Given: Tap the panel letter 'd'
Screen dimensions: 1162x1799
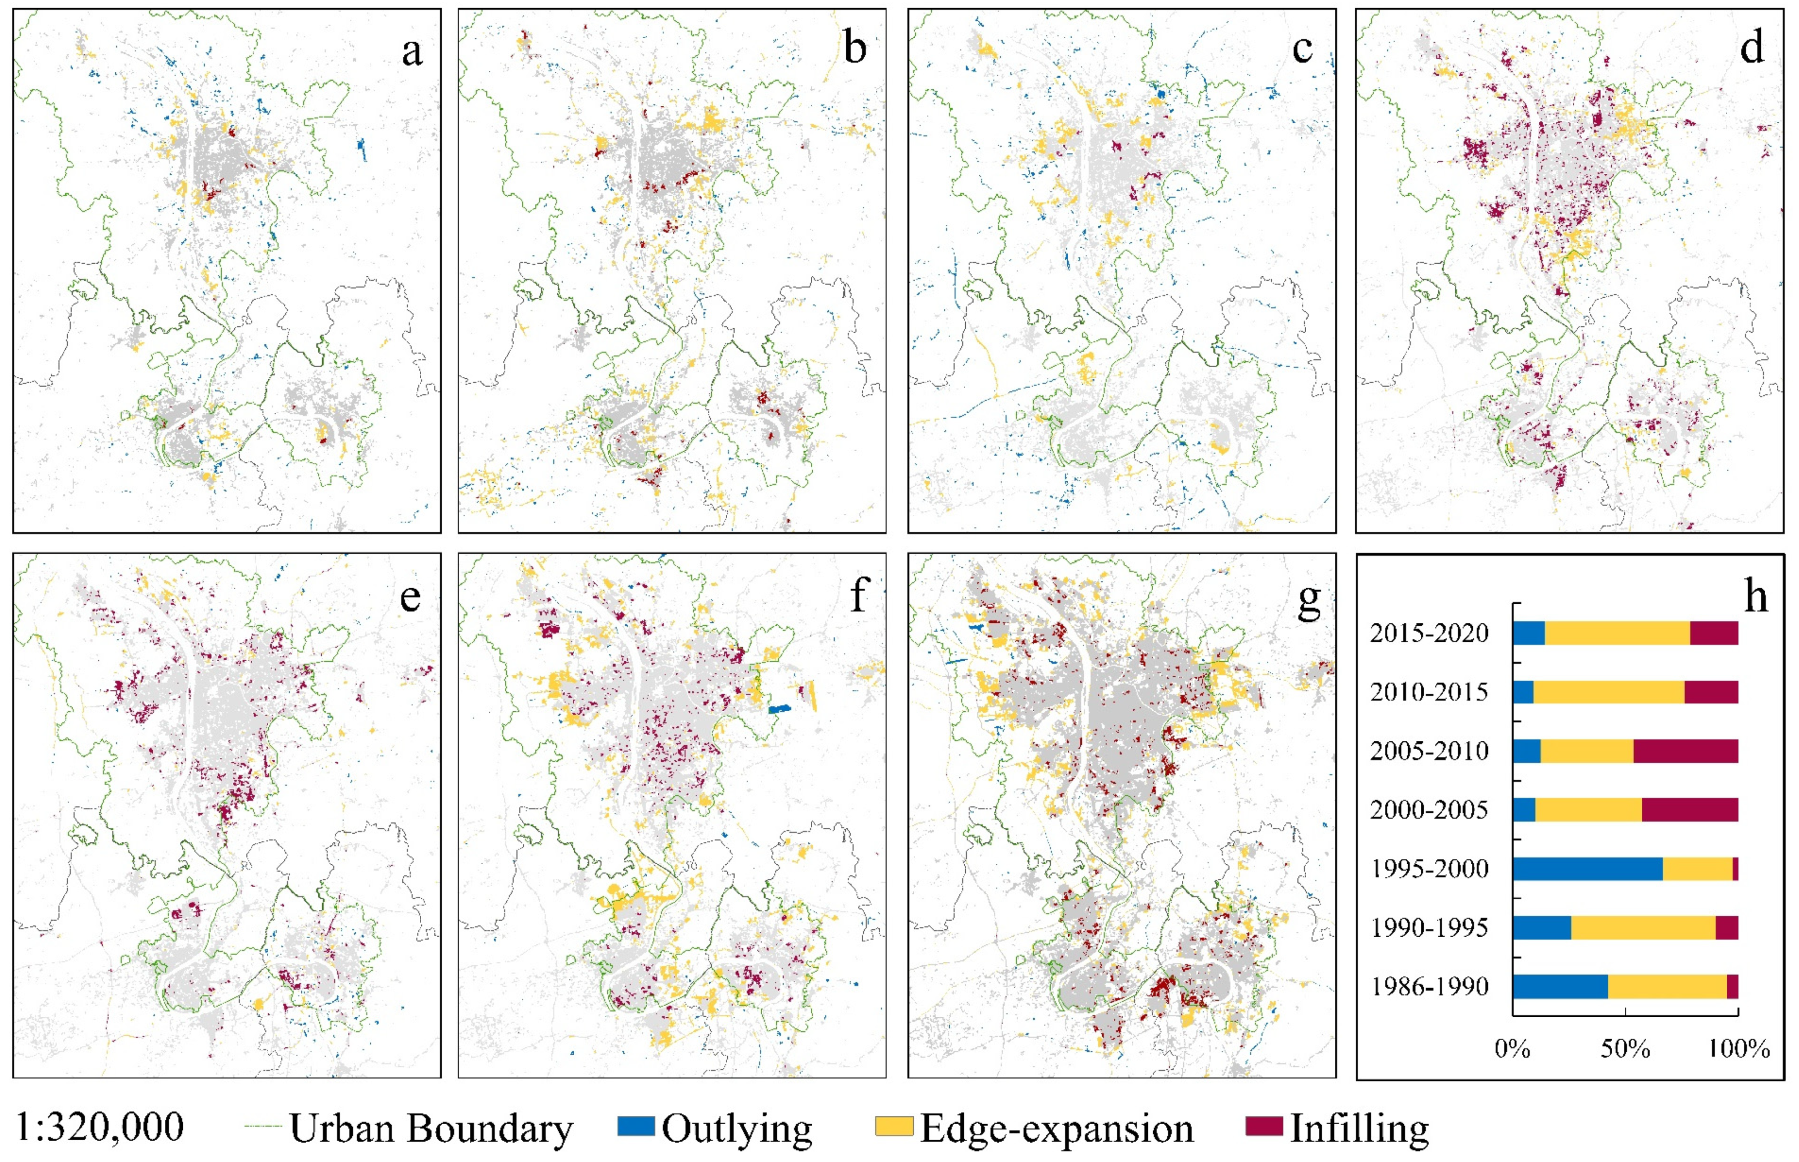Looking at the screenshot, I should (x=1751, y=48).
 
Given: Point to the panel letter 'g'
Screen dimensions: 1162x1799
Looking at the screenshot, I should (x=1308, y=598).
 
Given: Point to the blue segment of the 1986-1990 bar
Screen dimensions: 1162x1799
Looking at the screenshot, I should (x=1560, y=986).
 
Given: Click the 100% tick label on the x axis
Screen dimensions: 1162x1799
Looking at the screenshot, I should (x=1739, y=1048).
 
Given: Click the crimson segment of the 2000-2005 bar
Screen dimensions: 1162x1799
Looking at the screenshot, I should (x=1690, y=810).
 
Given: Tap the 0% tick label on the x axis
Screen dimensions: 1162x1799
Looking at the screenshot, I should (x=1512, y=1048).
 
